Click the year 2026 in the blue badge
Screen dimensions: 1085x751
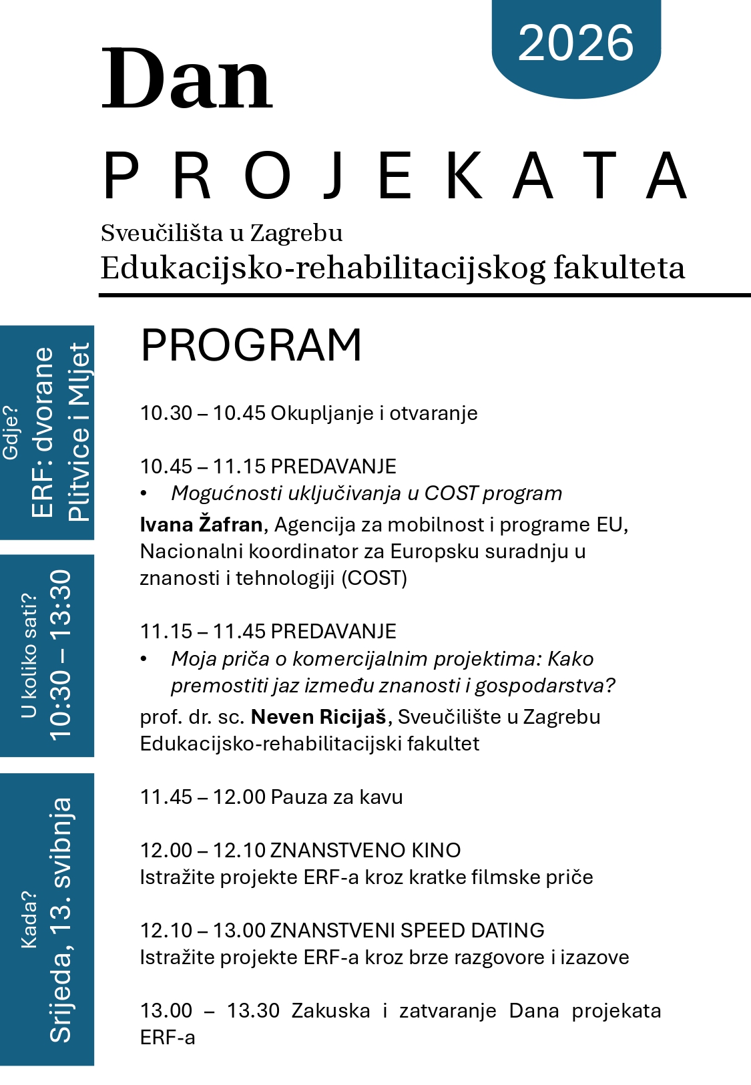(x=575, y=43)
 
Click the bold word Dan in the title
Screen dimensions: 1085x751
(x=187, y=79)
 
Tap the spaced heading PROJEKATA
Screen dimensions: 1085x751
(x=394, y=176)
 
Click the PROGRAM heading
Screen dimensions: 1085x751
(x=251, y=345)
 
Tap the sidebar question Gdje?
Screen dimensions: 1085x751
(x=11, y=432)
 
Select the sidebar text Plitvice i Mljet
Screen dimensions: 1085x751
(x=79, y=432)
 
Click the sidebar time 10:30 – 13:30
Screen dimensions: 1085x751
(x=60, y=654)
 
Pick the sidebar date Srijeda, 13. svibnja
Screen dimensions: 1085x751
(x=60, y=919)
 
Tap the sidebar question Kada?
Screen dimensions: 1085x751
(x=29, y=919)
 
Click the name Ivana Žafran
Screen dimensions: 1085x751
(x=201, y=525)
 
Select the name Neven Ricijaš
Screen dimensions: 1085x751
(x=318, y=717)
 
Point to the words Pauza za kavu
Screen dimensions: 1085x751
(x=337, y=797)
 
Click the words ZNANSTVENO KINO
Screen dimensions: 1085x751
(x=365, y=851)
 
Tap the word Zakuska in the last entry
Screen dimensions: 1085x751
(x=330, y=1011)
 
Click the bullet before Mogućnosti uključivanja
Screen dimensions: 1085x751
(x=144, y=493)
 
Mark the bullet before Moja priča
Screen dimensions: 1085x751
(x=144, y=659)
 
